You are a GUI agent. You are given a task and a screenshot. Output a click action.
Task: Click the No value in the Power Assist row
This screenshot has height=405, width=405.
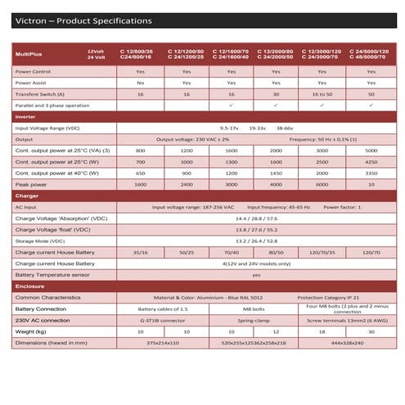pyautogui.click(x=140, y=83)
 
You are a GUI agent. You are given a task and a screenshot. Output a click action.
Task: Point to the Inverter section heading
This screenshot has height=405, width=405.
pyautogui.click(x=26, y=117)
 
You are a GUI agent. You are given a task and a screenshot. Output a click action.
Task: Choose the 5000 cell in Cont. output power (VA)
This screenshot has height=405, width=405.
pyautogui.click(x=371, y=151)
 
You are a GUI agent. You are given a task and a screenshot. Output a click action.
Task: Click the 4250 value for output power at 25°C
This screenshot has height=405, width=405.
pyautogui.click(x=371, y=162)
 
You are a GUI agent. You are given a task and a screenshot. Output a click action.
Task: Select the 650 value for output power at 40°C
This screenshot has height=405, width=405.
pyautogui.click(x=140, y=173)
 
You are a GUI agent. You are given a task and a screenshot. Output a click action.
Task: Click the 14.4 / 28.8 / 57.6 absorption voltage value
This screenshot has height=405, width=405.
pyautogui.click(x=259, y=218)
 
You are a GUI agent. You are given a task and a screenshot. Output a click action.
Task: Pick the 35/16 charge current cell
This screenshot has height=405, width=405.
pyautogui.click(x=140, y=253)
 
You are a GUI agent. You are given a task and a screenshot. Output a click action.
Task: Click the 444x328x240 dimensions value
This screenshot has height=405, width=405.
pyautogui.click(x=349, y=343)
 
